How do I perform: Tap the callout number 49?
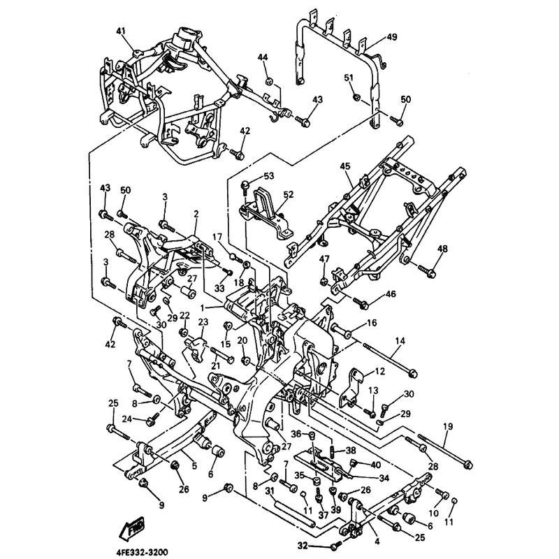[x=391, y=37]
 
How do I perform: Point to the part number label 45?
[x=345, y=166]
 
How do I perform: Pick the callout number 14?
[x=400, y=341]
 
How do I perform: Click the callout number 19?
[x=448, y=426]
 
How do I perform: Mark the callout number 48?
[x=442, y=249]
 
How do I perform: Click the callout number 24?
[x=128, y=419]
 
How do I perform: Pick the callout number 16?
[x=371, y=323]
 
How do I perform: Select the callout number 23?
[x=203, y=322]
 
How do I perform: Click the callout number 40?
[x=377, y=465]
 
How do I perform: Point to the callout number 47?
[x=324, y=260]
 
